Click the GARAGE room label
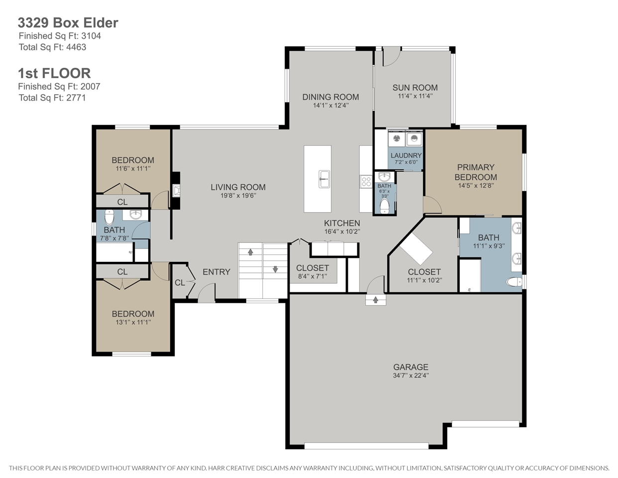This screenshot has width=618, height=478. point(411,367)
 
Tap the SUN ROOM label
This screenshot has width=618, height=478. point(415,88)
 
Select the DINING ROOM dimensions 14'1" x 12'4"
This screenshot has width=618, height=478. point(331,106)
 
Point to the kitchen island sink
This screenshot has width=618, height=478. point(324,179)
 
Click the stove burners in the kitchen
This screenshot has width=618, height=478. point(366,182)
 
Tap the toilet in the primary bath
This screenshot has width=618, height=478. point(514,282)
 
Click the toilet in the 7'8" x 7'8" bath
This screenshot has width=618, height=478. point(109,218)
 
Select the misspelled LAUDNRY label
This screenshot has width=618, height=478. point(406,156)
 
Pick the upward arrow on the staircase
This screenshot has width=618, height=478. point(250,252)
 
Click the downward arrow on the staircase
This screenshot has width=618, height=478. point(275,269)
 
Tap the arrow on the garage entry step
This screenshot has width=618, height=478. point(376,300)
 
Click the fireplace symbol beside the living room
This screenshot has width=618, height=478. point(176,191)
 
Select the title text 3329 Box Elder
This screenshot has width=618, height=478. point(68,23)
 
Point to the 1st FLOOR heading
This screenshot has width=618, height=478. point(54,73)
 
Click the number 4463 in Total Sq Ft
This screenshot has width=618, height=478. point(76,47)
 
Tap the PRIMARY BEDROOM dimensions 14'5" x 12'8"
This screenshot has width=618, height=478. point(476,186)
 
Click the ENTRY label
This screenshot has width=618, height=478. point(216,272)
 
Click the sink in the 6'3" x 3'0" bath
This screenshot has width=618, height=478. point(385,178)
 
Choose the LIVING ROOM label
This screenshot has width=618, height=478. point(238,187)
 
